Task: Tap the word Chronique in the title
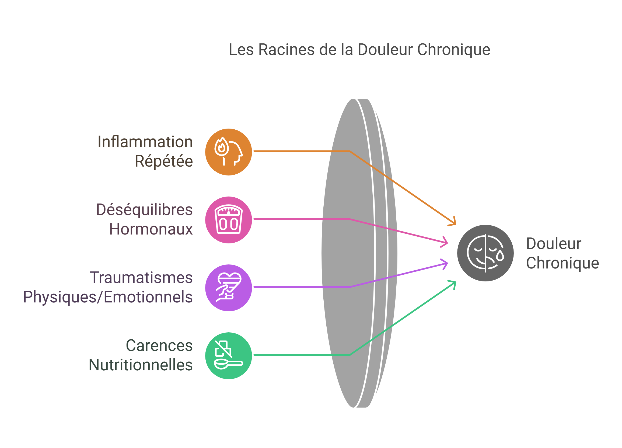pyautogui.click(x=454, y=50)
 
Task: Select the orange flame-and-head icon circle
pyautogui.click(x=228, y=152)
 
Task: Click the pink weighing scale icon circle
pyautogui.click(x=228, y=220)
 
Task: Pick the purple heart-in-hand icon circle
pyautogui.click(x=228, y=288)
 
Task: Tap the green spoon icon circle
pyautogui.click(x=228, y=356)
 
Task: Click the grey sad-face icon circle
pyautogui.click(x=485, y=253)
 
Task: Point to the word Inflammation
pyautogui.click(x=145, y=142)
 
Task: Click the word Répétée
pyautogui.click(x=164, y=161)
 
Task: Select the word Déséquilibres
pyautogui.click(x=144, y=210)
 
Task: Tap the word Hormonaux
pyautogui.click(x=151, y=229)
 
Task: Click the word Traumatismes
pyautogui.click(x=141, y=278)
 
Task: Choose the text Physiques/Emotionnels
pyautogui.click(x=108, y=297)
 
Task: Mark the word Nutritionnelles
pyautogui.click(x=141, y=365)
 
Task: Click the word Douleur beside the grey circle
pyautogui.click(x=553, y=243)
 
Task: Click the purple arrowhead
pyautogui.click(x=445, y=264)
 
